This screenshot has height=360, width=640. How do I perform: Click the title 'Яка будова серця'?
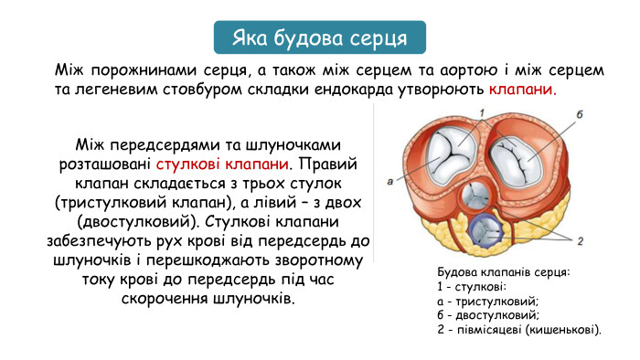coord(320,38)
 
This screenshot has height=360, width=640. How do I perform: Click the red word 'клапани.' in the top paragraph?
coord(522,90)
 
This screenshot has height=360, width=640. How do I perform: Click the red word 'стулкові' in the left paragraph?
coord(188,164)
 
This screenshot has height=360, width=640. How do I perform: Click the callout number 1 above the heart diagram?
coord(478,111)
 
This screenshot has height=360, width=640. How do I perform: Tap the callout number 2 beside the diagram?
coord(580,240)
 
